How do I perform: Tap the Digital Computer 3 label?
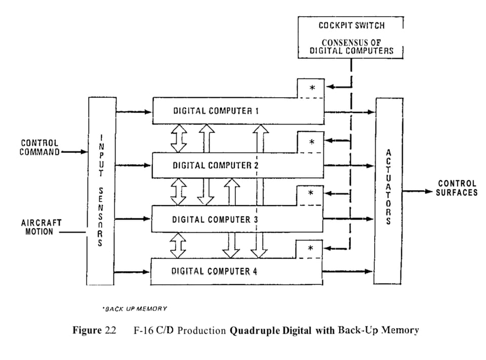click(216, 219)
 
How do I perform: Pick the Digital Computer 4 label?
click(215, 271)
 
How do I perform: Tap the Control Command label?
click(39, 147)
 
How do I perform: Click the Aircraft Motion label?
click(42, 227)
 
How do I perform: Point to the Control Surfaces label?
click(457, 188)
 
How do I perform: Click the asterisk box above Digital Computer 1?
click(312, 88)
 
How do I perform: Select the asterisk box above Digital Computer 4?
click(311, 248)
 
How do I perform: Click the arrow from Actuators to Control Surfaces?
click(418, 192)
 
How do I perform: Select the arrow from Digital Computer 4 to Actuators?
click(348, 272)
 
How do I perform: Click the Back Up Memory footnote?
click(135, 308)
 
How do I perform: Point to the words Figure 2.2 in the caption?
click(95, 331)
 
